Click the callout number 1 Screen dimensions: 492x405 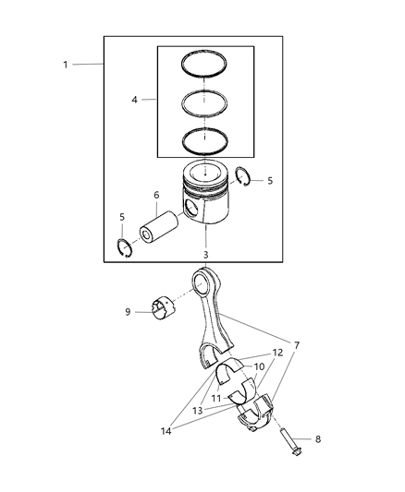pyautogui.click(x=65, y=64)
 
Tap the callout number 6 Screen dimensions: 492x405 pyautogui.click(x=156, y=195)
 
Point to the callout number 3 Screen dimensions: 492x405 pyautogui.click(x=206, y=254)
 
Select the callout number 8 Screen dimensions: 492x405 pyautogui.click(x=293, y=439)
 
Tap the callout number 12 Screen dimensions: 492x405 pyautogui.click(x=277, y=353)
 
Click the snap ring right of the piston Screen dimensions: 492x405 pyautogui.click(x=245, y=179)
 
